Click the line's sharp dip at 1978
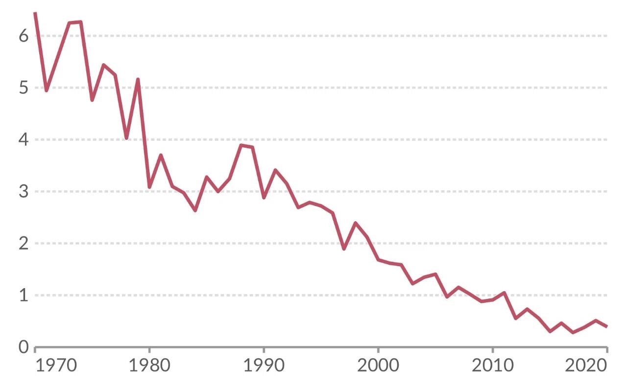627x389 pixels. pyautogui.click(x=126, y=138)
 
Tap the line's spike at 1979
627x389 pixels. pyautogui.click(x=138, y=79)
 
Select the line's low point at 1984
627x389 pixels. pyautogui.click(x=195, y=210)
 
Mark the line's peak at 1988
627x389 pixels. pyautogui.click(x=241, y=145)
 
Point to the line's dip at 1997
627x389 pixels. pyautogui.click(x=344, y=249)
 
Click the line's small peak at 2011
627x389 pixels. pyautogui.click(x=504, y=293)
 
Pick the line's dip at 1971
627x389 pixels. pyautogui.click(x=47, y=91)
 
